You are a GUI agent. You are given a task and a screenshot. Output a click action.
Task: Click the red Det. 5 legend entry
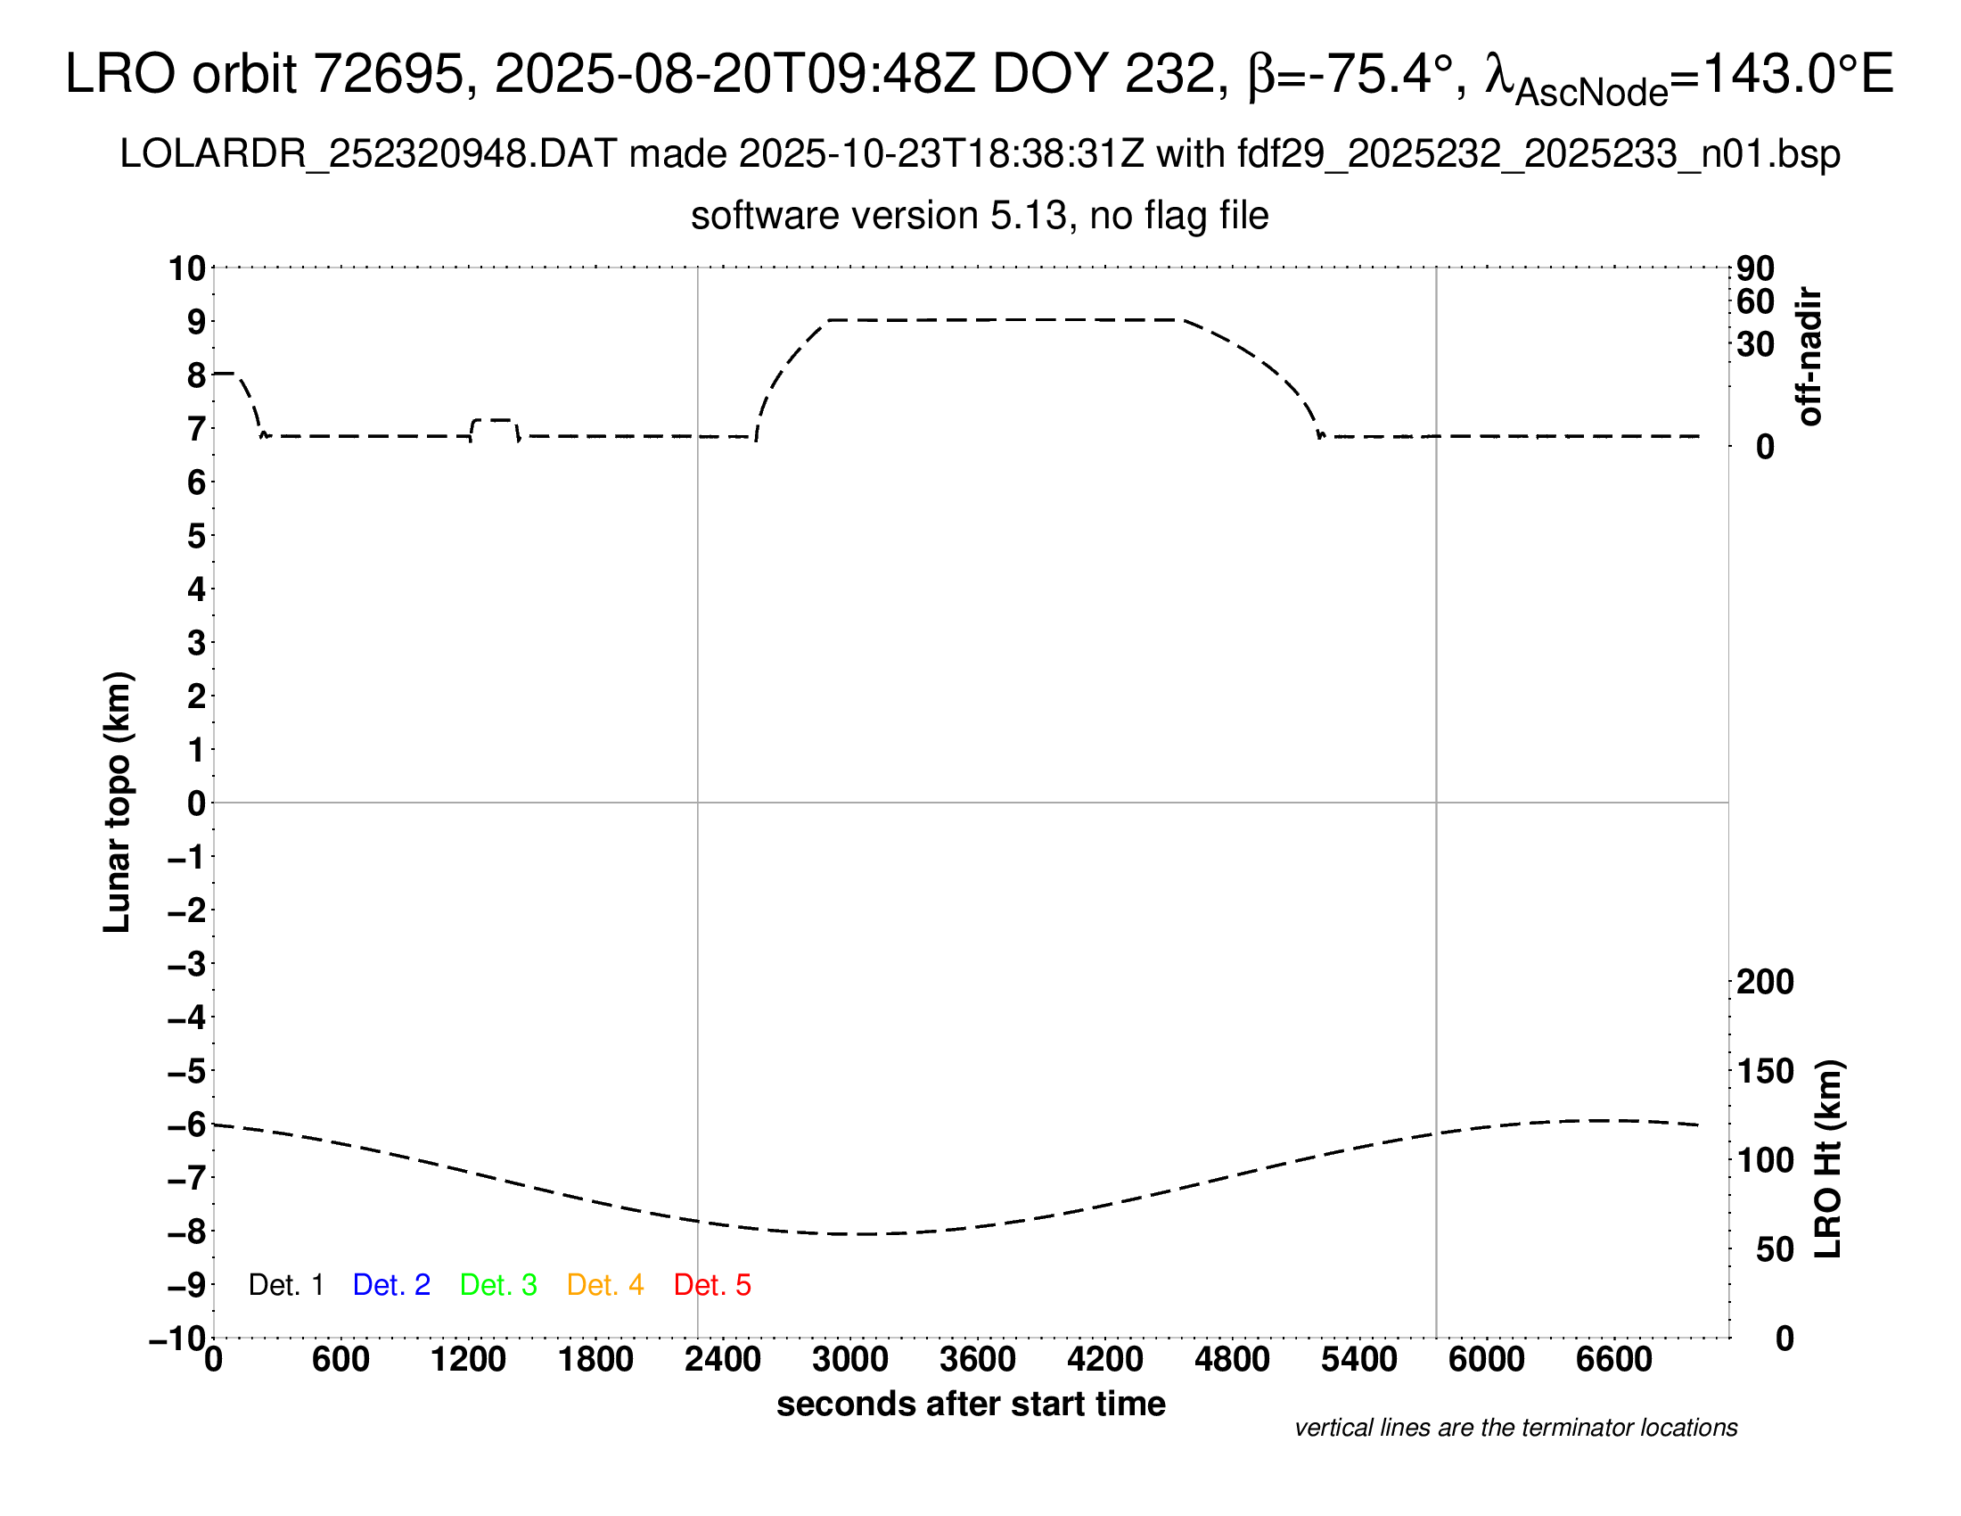coord(712,1285)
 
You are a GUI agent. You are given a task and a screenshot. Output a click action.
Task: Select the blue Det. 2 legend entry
coord(391,1285)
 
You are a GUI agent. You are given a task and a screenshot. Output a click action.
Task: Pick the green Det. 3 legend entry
coord(498,1285)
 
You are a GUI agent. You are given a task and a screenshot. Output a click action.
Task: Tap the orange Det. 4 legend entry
coord(605,1285)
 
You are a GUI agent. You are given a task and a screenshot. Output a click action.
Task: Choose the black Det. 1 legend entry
coord(285,1285)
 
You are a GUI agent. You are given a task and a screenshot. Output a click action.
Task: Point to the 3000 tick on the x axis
coord(850,1360)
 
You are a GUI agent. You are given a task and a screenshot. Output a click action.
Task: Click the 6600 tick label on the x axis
coord(1613,1360)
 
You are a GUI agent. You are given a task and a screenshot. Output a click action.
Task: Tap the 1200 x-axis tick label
coord(468,1360)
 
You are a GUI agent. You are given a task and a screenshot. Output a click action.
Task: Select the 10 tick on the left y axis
coord(188,268)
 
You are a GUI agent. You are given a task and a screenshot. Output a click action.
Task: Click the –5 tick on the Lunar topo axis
coord(187,1071)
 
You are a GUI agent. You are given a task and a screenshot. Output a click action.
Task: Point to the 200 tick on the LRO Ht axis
coord(1765,982)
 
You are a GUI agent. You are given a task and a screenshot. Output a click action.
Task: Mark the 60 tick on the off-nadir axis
coord(1755,301)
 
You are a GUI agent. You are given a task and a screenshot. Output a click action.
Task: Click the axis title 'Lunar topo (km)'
coord(117,802)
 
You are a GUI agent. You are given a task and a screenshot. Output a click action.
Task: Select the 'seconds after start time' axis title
coord(971,1404)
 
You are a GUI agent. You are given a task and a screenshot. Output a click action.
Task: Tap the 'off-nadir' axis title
coord(1810,357)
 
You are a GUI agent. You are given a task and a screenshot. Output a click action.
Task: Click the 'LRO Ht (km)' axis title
coord(1828,1159)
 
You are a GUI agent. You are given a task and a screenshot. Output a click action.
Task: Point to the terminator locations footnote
coord(1515,1428)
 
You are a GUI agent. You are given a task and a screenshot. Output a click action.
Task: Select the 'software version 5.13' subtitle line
coord(980,216)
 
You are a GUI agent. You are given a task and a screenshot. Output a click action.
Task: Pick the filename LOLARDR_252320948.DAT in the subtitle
coord(368,154)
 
